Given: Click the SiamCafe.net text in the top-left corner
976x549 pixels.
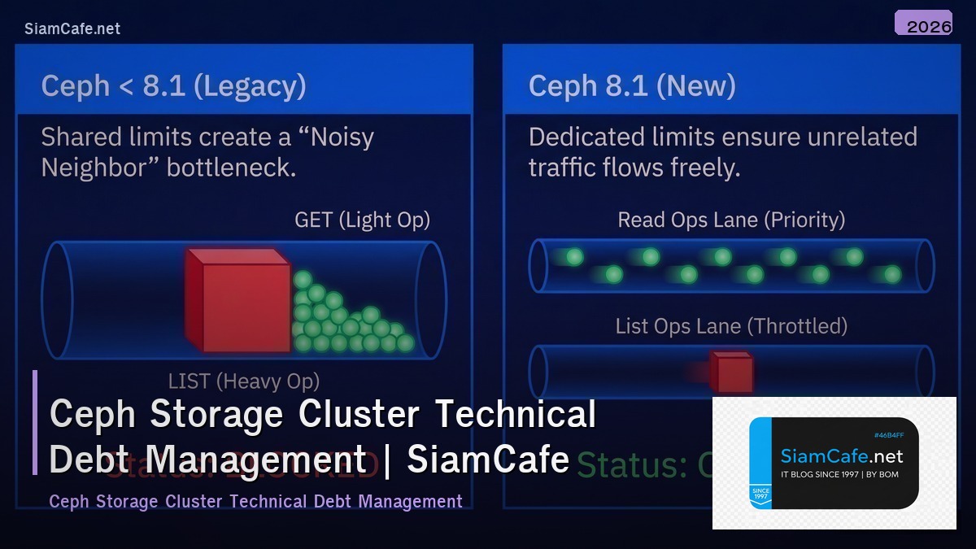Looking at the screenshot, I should (72, 28).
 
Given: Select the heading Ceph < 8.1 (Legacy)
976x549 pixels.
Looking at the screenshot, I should (173, 86).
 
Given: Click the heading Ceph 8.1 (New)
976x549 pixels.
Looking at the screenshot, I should (632, 86).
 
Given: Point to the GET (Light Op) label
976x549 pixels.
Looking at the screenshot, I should (362, 220).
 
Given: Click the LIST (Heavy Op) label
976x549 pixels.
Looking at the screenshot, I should (243, 381).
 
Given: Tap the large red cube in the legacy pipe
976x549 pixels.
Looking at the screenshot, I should (237, 300).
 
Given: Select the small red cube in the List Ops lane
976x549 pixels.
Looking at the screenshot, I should (731, 373).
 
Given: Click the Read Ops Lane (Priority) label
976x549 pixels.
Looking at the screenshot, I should (731, 220).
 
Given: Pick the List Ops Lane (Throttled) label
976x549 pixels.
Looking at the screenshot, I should (731, 326).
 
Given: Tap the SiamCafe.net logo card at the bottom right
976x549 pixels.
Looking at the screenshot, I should (834, 463).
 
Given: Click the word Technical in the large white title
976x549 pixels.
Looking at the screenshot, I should (516, 414).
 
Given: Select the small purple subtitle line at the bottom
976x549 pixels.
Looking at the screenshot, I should (255, 501).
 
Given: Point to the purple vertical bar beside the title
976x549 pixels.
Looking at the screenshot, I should (35, 422).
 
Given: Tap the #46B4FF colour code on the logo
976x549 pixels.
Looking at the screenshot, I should (889, 435).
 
